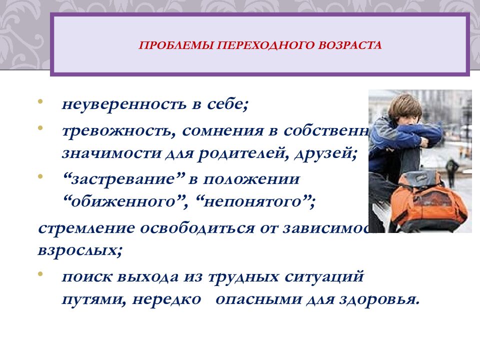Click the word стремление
coord(87,227)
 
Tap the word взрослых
coord(79,249)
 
